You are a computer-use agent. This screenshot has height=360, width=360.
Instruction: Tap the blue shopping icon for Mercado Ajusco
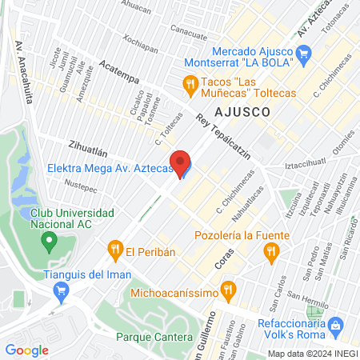pyautogui.click(x=303, y=54)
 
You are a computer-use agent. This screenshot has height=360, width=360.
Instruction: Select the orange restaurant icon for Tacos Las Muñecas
pyautogui.click(x=190, y=82)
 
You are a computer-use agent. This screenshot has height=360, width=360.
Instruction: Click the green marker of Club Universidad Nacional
pyautogui.click(x=50, y=239)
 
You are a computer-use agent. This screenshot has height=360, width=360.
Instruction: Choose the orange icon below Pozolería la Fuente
pyautogui.click(x=271, y=253)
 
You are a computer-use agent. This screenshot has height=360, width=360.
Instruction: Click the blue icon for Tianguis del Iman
pyautogui.click(x=58, y=292)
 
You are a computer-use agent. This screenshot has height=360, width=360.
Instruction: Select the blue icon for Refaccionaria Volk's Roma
pyautogui.click(x=337, y=326)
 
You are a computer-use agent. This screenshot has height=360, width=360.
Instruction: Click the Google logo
pyautogui.click(x=26, y=350)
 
